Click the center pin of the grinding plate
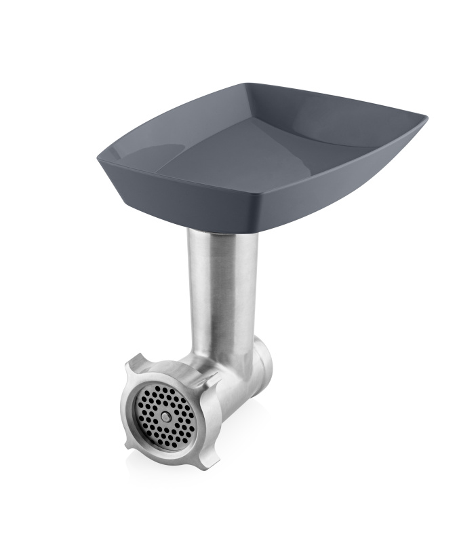point(165,415)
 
